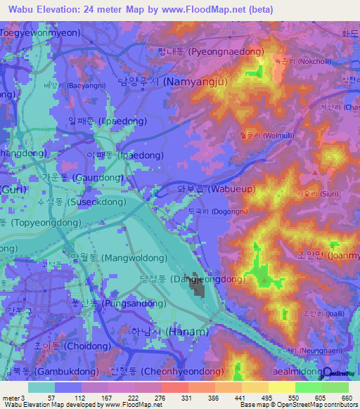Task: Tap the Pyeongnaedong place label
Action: coord(211,51)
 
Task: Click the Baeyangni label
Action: coord(71,85)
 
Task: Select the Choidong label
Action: coord(67,346)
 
